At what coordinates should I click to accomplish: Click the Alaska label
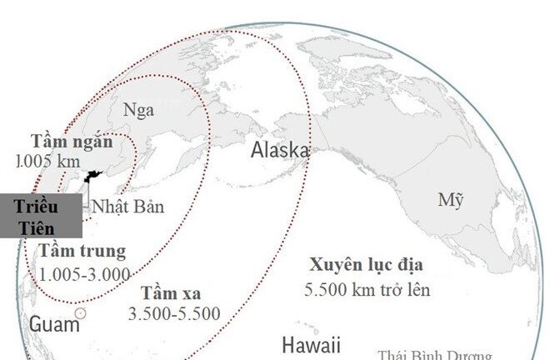point(281,151)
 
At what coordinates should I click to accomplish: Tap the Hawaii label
point(311,345)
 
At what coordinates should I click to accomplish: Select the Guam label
point(54,324)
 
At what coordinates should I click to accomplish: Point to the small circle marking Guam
point(80,313)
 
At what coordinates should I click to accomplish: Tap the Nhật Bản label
point(127,207)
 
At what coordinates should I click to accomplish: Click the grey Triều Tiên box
point(41,216)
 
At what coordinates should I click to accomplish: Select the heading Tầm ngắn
point(72,140)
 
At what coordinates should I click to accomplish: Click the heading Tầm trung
point(82,251)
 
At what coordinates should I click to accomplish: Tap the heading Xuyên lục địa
point(367,266)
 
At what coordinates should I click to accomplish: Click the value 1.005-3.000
point(84,274)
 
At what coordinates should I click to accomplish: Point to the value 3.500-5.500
point(174,314)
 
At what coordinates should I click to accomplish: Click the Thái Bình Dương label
point(434,354)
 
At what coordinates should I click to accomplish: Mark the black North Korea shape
point(93,177)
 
